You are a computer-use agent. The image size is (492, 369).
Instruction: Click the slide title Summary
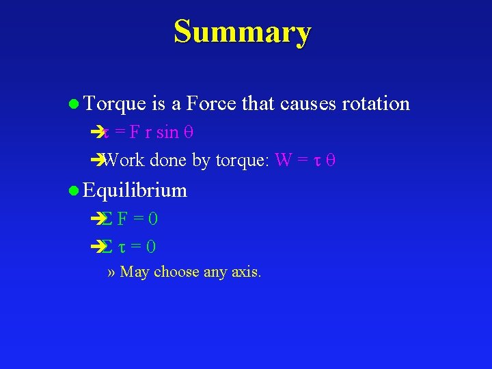pos(243,31)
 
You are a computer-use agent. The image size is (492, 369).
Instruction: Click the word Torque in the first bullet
pos(114,104)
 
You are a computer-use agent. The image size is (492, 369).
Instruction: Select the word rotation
pos(375,104)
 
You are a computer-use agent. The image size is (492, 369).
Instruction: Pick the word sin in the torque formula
pos(167,133)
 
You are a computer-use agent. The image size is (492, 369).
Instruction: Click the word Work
pos(124,161)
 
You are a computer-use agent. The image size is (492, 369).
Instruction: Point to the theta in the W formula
pos(331,161)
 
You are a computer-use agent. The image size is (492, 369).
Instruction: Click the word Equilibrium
pos(135,190)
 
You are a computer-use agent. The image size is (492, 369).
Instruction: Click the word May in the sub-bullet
pos(134,272)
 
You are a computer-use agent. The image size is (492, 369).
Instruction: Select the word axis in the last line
pos(246,273)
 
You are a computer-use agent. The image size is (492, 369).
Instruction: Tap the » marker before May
pos(111,273)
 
